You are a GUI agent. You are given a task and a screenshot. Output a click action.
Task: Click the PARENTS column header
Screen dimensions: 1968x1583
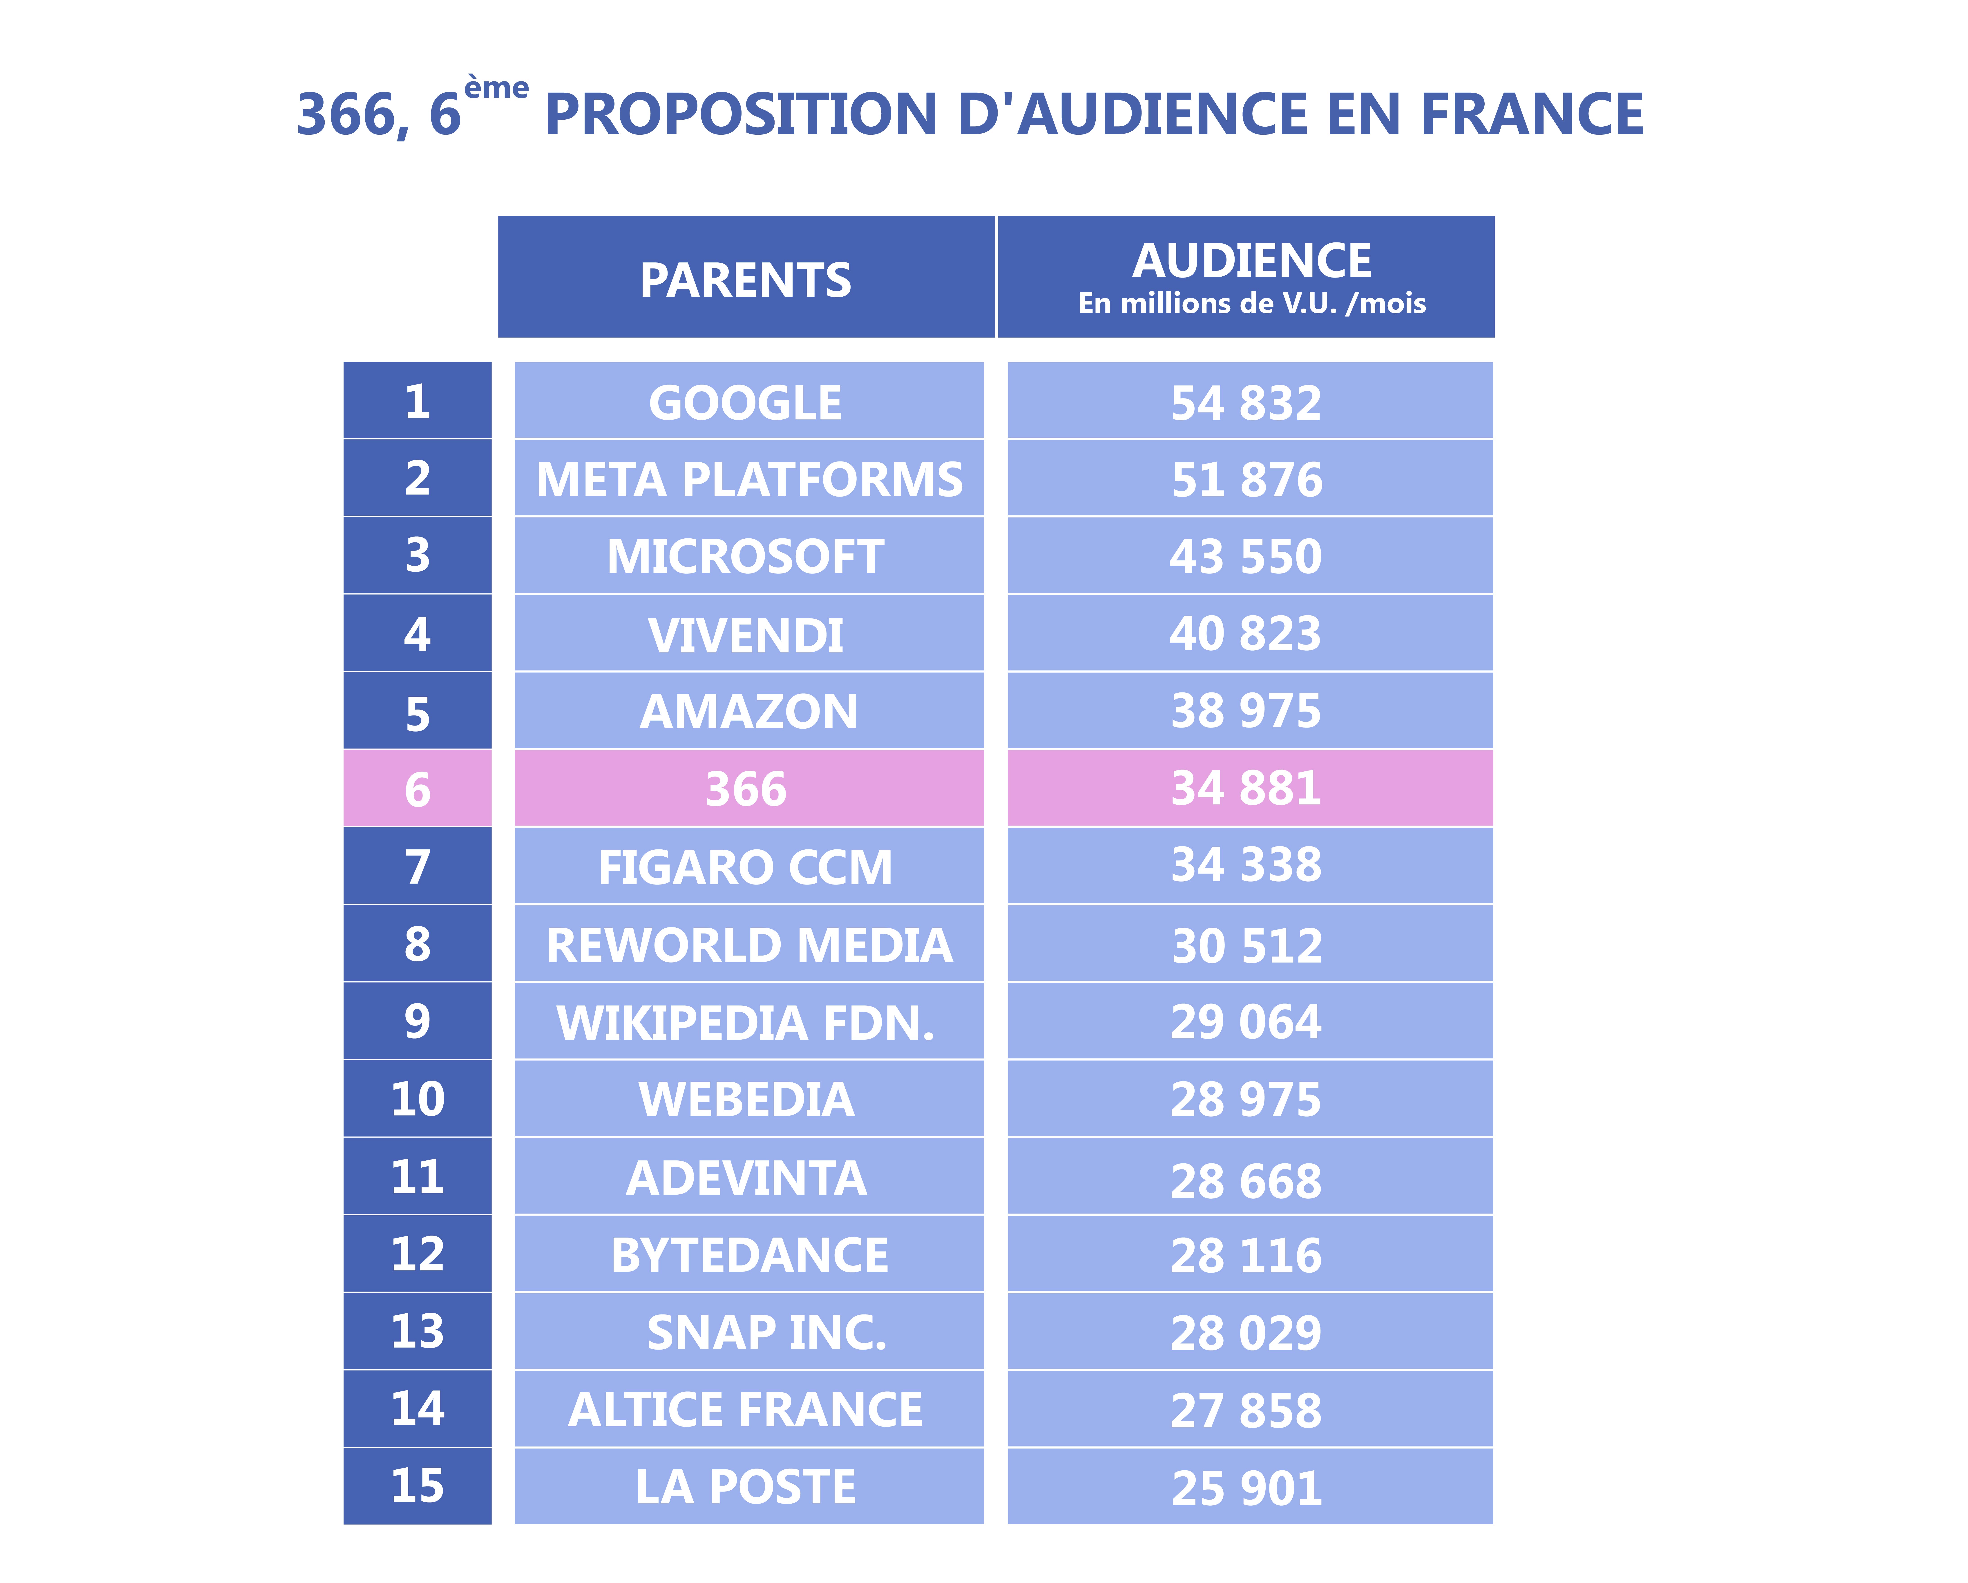pos(746,277)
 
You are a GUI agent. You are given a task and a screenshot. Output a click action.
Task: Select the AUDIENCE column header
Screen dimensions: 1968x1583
pos(1246,277)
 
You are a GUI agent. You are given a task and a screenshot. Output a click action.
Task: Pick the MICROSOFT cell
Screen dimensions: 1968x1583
pos(748,555)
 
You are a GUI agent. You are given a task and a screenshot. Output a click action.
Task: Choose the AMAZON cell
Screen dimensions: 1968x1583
pos(748,710)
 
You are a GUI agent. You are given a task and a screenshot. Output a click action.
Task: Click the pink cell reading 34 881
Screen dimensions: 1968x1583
pos(1250,788)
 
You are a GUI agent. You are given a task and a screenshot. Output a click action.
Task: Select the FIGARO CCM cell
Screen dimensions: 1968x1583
pos(748,865)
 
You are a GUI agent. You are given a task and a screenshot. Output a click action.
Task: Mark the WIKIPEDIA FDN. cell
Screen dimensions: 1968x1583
pos(748,1021)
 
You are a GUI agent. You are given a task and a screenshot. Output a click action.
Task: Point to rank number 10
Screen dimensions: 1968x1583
pos(417,1098)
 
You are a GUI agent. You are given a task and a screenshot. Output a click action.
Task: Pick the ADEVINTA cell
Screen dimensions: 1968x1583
pos(748,1176)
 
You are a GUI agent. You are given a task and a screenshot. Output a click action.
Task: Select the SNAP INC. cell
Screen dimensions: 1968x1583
pos(748,1331)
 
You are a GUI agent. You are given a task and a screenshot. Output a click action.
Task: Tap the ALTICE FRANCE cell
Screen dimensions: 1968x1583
pos(748,1409)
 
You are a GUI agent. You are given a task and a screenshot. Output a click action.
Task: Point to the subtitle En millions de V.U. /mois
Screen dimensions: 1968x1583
pos(1251,303)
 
